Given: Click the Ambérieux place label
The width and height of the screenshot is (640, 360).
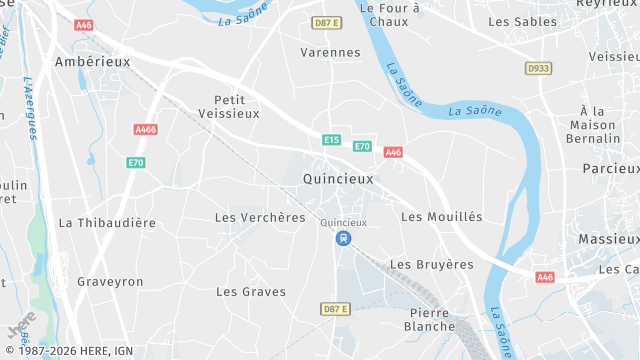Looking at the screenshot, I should (93, 61).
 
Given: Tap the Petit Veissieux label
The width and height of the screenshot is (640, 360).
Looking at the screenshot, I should (236, 106).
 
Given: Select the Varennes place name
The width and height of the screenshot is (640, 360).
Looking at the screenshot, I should (330, 52).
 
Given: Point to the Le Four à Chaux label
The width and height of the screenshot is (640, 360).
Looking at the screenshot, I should (388, 14).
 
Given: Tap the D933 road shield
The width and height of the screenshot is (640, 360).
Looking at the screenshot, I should (538, 68).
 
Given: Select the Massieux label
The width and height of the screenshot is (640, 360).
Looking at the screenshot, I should (608, 239).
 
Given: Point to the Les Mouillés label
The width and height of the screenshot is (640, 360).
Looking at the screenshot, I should (441, 217).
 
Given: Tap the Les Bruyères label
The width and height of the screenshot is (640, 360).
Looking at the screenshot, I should (431, 264).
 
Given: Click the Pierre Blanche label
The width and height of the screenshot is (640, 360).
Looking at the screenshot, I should (432, 319).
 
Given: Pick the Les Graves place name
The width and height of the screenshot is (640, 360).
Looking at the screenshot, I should (251, 292).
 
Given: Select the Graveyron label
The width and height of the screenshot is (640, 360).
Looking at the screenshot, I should (110, 282).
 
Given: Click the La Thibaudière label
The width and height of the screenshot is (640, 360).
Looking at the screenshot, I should (107, 223).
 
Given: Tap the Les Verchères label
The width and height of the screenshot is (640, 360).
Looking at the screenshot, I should (260, 217).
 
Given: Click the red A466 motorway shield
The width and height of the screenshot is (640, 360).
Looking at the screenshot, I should (145, 129).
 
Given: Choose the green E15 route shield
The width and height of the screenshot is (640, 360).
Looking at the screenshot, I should (331, 140).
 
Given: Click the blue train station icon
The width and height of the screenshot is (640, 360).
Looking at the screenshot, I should (344, 238).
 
